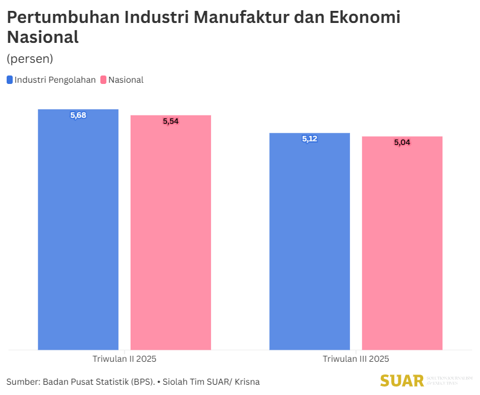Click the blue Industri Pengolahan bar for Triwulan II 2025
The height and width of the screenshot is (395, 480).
[x=78, y=236]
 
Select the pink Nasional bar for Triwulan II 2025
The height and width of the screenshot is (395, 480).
[x=171, y=239]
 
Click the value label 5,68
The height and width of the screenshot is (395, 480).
[x=78, y=115]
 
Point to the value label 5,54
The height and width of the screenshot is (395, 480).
[x=171, y=121]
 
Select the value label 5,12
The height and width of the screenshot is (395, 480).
[x=310, y=139]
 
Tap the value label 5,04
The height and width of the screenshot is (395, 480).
[x=402, y=143]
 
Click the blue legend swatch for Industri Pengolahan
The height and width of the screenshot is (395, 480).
[x=10, y=80]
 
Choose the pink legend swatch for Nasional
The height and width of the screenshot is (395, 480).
[x=103, y=80]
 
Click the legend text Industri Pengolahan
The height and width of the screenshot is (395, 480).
[x=55, y=80]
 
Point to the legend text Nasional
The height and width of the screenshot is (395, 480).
[x=126, y=80]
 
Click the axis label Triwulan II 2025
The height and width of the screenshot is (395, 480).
[x=125, y=359]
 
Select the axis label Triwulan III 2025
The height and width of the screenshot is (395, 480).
[x=356, y=359]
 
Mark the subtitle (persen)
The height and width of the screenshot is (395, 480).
[x=30, y=59]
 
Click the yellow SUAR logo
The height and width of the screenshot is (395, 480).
[x=401, y=381]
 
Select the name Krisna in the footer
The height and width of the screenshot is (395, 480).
[x=245, y=382]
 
